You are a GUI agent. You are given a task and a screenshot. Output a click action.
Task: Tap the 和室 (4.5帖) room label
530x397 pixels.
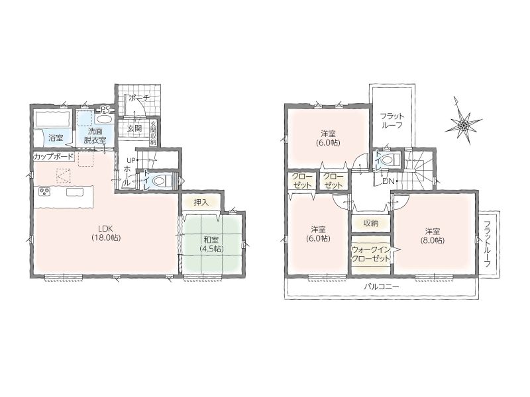[211, 244]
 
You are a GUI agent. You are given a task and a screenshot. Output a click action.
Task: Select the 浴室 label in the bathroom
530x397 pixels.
[55, 138]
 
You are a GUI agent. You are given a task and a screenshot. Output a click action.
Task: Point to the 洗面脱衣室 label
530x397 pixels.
[95, 136]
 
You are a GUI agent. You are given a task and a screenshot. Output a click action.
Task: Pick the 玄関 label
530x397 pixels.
[135, 128]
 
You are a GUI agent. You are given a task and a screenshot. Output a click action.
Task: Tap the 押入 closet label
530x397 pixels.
[201, 202]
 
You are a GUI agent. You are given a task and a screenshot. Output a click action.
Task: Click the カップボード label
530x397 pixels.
[54, 157]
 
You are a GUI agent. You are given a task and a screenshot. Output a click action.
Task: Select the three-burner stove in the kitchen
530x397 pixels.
[44, 192]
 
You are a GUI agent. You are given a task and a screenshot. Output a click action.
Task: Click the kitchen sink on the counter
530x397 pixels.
[75, 192]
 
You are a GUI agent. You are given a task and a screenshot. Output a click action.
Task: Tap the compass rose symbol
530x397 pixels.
[462, 122]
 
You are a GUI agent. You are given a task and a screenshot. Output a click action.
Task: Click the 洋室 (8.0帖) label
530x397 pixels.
[433, 236]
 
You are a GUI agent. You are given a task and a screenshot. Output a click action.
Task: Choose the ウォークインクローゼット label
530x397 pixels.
[371, 254]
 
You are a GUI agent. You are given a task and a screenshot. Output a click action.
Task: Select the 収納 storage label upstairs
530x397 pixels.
[371, 223]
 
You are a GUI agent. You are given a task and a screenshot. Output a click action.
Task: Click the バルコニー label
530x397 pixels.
[382, 287]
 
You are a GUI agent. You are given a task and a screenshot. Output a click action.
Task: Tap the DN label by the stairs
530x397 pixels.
[388, 181]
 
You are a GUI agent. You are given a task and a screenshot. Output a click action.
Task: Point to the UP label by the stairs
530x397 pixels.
[131, 160]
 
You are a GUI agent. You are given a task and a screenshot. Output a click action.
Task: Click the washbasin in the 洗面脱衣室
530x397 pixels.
[103, 119]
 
